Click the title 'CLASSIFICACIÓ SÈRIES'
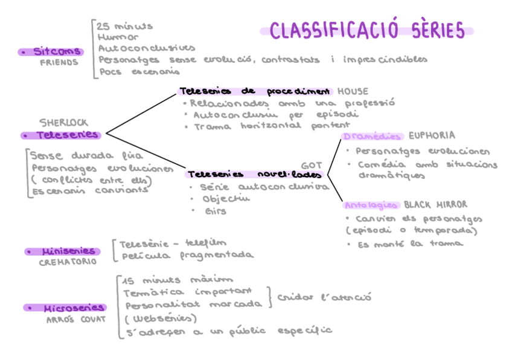pyautogui.click(x=367, y=30)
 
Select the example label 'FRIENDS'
pyautogui.click(x=59, y=62)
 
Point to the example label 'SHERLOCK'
pyautogui.click(x=63, y=123)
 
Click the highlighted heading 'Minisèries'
pyautogui.click(x=69, y=251)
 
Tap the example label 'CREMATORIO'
pyautogui.click(x=68, y=262)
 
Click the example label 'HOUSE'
pyautogui.click(x=353, y=92)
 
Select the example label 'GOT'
pyautogui.click(x=312, y=165)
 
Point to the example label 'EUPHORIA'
pyautogui.click(x=432, y=135)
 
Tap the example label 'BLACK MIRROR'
pyautogui.click(x=435, y=205)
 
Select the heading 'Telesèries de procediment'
pyautogui.click(x=255, y=91)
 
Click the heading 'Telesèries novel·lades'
pyautogui.click(x=255, y=175)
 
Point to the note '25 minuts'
pyautogui.click(x=125, y=27)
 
